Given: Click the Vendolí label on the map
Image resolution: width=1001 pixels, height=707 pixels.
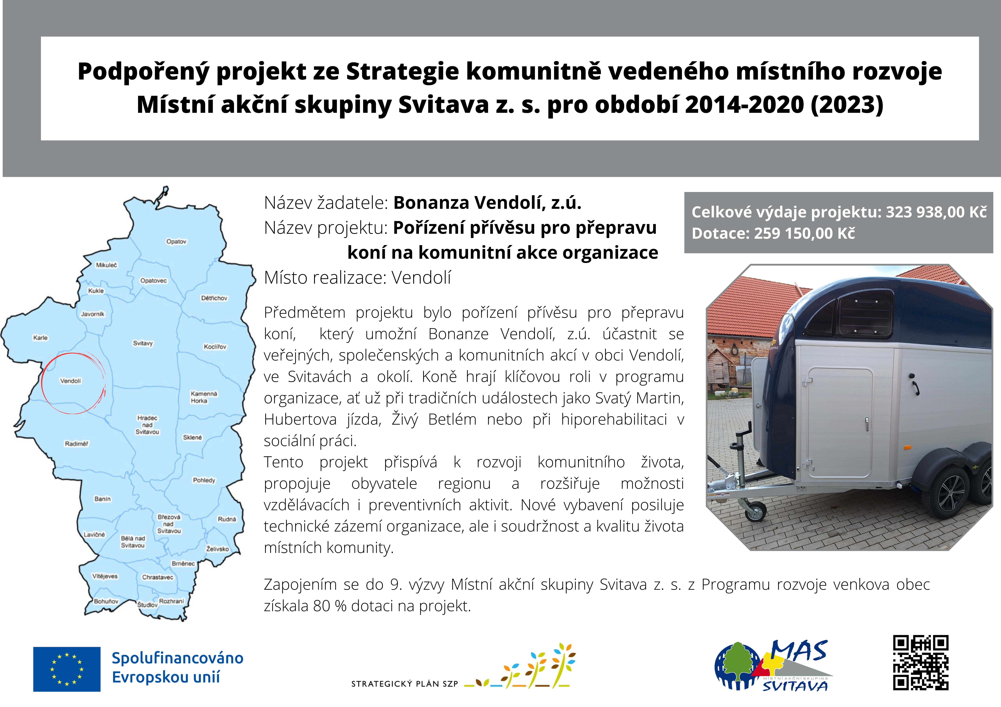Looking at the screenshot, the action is pyautogui.click(x=71, y=381).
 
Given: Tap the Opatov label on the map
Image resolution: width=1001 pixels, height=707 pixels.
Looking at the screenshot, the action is pyautogui.click(x=176, y=241).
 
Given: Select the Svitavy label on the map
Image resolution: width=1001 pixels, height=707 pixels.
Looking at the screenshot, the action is pyautogui.click(x=143, y=343).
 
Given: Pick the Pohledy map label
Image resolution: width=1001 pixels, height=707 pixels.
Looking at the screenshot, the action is pyautogui.click(x=204, y=480).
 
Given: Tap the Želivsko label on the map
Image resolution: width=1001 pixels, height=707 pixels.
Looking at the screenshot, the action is pyautogui.click(x=217, y=549).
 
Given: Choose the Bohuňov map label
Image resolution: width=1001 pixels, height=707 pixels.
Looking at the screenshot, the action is pyautogui.click(x=106, y=601).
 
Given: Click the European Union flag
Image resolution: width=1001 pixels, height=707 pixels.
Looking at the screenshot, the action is pyautogui.click(x=67, y=669).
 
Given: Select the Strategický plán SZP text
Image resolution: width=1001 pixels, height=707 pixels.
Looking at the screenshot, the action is pyautogui.click(x=405, y=684).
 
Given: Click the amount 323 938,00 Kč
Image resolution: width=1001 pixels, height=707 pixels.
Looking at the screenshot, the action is pyautogui.click(x=936, y=212).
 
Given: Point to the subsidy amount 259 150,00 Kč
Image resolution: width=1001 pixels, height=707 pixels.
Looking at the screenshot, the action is pyautogui.click(x=804, y=233).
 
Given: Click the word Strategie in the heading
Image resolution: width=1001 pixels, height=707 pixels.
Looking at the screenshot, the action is pyautogui.click(x=402, y=72).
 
